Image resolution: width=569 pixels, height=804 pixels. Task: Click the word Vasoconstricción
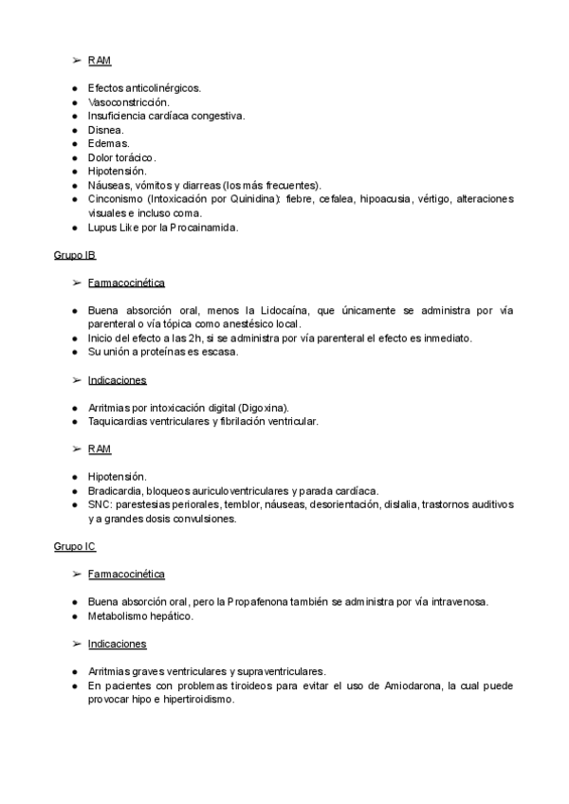click(x=128, y=101)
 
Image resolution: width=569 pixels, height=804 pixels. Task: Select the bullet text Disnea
click(x=105, y=129)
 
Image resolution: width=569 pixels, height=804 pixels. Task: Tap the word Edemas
click(x=109, y=143)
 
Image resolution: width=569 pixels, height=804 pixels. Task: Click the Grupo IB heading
click(x=75, y=256)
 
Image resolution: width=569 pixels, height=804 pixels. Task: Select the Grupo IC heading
click(x=75, y=547)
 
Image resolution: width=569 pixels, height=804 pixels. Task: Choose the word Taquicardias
click(x=119, y=421)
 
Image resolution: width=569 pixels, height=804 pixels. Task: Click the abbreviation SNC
click(x=100, y=504)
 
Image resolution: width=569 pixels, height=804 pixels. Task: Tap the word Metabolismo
click(x=120, y=616)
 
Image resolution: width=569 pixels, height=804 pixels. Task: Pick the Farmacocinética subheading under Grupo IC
click(x=126, y=575)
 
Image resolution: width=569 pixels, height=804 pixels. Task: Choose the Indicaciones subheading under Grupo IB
click(x=117, y=380)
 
